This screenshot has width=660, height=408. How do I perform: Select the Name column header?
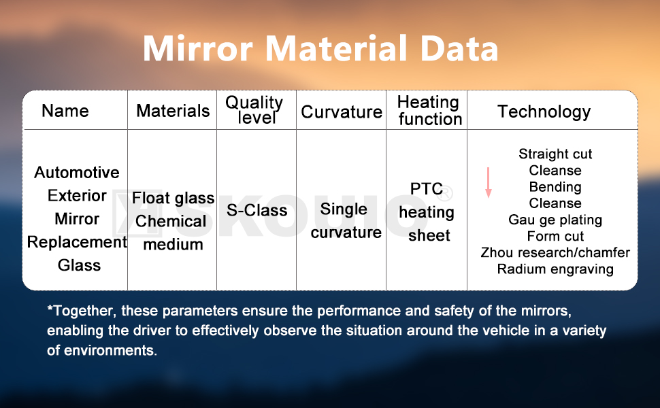65,111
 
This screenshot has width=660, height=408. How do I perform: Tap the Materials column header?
173,111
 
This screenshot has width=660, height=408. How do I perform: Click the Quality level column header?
254,110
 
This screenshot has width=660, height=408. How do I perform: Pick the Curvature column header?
342,112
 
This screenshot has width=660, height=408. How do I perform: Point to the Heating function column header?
429,111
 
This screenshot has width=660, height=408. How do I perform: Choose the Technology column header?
544,112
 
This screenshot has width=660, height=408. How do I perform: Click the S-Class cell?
257,211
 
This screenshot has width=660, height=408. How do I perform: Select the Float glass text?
173,199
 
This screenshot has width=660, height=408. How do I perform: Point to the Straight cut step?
555,154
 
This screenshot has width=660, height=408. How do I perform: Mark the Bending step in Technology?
555,187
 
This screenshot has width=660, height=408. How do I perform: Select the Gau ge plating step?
555,220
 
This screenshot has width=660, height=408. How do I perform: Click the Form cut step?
555,236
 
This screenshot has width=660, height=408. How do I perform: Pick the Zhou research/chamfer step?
555,253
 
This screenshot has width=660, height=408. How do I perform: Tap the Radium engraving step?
555,269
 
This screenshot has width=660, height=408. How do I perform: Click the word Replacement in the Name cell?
77,242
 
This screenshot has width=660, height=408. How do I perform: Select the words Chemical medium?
171,233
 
